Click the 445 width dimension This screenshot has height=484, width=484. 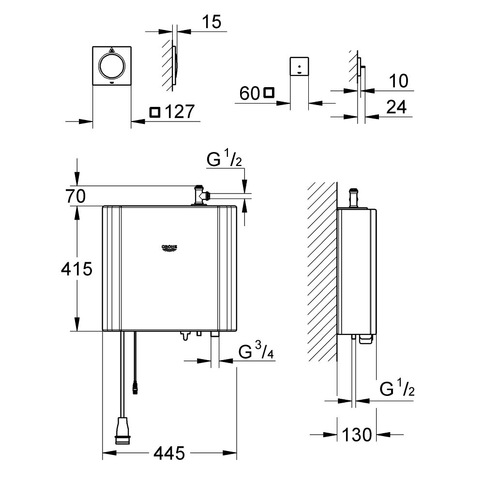coord(169,454)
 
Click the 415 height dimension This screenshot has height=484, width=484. coord(76,269)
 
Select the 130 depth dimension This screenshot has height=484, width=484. coord(359,434)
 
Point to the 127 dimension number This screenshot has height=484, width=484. coord(179,112)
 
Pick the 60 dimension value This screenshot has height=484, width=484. coord(250,93)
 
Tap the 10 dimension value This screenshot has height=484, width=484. coord(399,81)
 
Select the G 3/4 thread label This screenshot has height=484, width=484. coord(257,351)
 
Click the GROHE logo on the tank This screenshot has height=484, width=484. coord(169,248)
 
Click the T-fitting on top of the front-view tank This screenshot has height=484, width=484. coord(199,196)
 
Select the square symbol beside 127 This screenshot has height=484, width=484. coord(154,112)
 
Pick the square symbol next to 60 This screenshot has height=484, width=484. coord(269,92)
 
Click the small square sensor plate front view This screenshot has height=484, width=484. coord(299,66)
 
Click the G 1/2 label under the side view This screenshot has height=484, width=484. coord(397,388)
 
